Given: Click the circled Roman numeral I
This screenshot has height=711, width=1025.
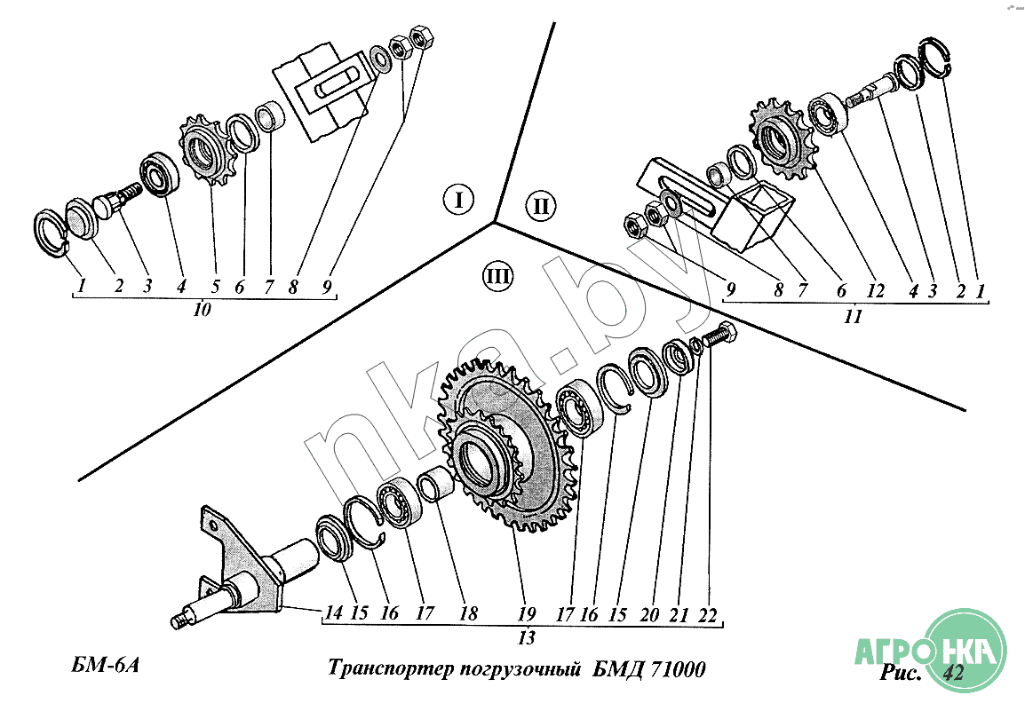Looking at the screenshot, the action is (458, 200).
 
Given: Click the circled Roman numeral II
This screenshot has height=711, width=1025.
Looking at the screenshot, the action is (541, 207).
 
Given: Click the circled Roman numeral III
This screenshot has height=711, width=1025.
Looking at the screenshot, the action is (497, 276).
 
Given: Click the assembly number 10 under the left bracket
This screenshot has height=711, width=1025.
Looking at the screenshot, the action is (203, 310).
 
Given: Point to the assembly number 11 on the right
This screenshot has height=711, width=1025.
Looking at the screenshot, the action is (853, 317).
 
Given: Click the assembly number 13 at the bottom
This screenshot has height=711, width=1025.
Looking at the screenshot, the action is (527, 638).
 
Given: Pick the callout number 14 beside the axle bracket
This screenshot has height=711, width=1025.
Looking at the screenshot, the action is (333, 613).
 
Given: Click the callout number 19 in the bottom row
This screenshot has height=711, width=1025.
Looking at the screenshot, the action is (527, 614).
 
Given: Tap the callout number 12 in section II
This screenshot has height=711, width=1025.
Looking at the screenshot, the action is (875, 291).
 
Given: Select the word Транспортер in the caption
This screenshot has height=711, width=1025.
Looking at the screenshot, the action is (390, 669).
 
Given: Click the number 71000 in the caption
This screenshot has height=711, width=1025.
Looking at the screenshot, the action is (678, 670).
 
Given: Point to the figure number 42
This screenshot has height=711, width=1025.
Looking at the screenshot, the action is (953, 673).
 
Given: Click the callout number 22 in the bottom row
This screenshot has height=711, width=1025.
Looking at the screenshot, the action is (707, 616).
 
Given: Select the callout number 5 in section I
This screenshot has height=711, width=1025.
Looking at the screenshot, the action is (215, 287).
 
